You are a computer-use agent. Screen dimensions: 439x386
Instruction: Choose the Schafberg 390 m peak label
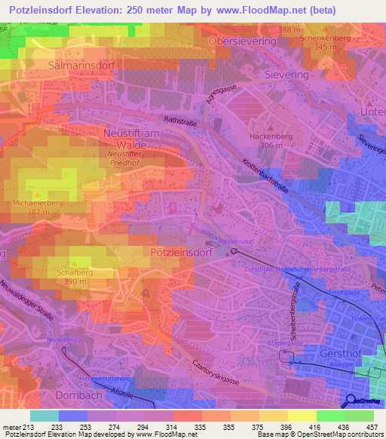click(74, 275)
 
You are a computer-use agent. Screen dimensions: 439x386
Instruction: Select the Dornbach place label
click(78, 394)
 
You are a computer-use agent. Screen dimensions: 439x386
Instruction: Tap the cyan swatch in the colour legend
click(44, 416)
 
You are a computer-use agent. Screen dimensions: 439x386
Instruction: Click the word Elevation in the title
click(97, 11)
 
